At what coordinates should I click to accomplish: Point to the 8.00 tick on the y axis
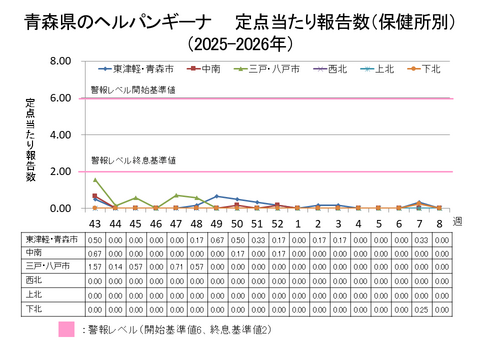coord(60,62)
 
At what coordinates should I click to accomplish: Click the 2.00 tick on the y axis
coord(60,172)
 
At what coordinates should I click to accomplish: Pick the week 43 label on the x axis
coord(95,223)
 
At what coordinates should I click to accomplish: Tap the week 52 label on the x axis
coord(277,223)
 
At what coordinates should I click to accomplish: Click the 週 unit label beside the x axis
coord(457,219)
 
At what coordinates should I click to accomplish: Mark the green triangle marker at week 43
coord(95,180)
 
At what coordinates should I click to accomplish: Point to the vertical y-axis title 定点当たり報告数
coord(31,140)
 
